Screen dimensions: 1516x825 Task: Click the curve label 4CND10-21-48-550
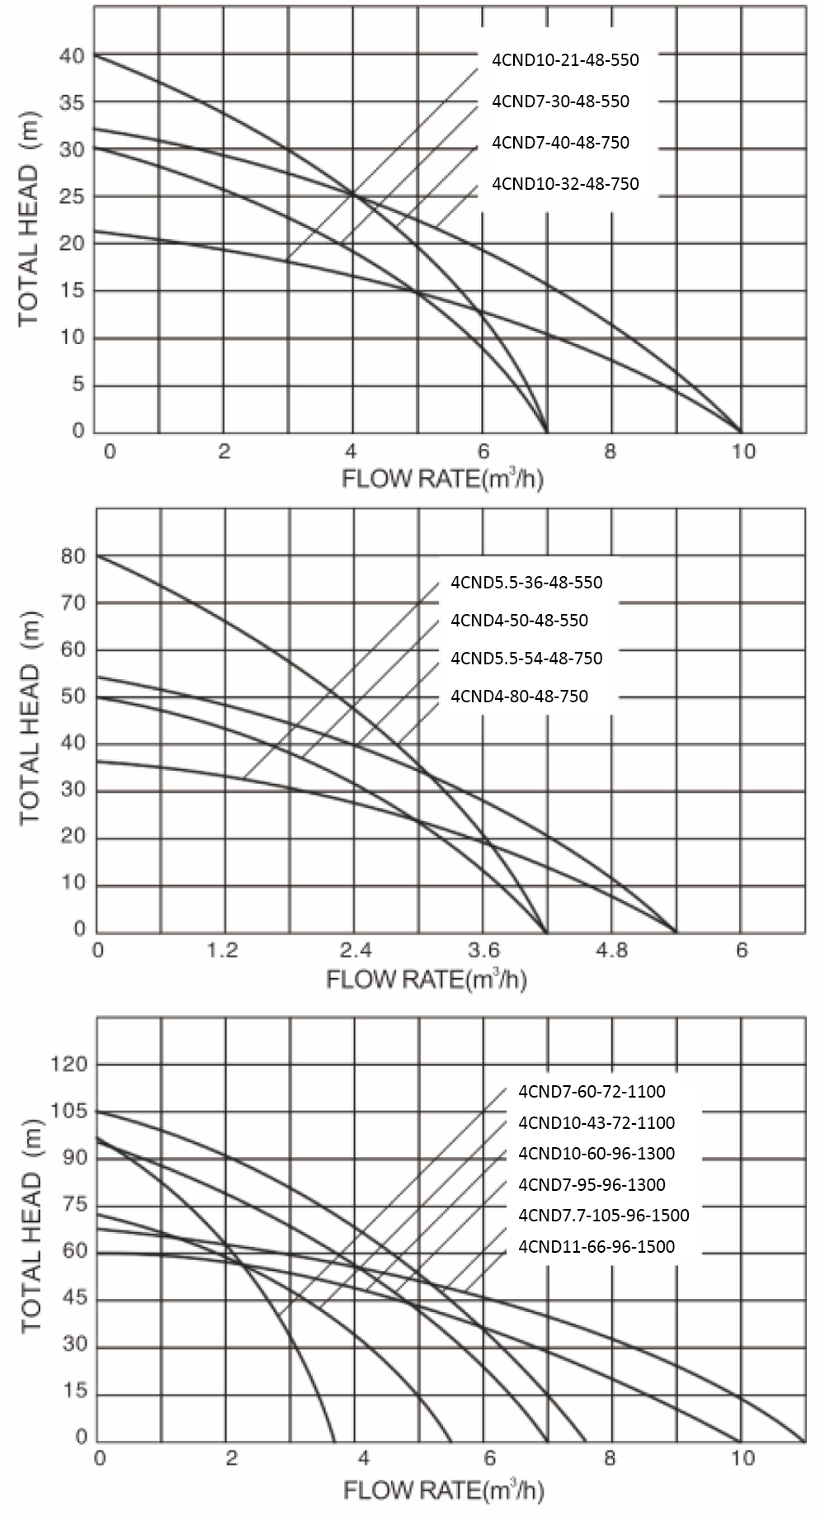tap(565, 59)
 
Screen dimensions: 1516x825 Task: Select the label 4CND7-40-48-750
tap(560, 142)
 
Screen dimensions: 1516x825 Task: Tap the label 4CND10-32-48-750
tap(565, 183)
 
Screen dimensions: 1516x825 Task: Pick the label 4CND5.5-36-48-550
tap(526, 582)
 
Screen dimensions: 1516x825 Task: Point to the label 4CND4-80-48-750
tap(519, 696)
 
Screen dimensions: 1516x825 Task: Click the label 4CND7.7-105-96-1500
tap(603, 1215)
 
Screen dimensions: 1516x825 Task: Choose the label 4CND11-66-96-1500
tap(596, 1246)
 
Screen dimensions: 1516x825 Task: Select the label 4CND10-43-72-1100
tap(596, 1122)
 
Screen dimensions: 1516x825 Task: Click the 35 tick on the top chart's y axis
tap(73, 102)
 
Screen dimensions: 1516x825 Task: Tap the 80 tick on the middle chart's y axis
tap(73, 556)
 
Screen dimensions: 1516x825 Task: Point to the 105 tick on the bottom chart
tap(68, 1111)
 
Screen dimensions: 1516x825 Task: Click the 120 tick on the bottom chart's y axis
tap(68, 1065)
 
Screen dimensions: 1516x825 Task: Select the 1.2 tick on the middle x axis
tap(223, 950)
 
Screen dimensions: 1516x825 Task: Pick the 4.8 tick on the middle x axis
tap(610, 950)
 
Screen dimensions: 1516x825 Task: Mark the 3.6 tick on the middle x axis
tap(483, 950)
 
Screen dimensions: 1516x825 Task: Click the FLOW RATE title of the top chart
tap(442, 478)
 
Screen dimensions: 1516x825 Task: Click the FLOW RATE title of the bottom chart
tap(442, 1490)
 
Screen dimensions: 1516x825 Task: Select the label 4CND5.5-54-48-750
tap(526, 658)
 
